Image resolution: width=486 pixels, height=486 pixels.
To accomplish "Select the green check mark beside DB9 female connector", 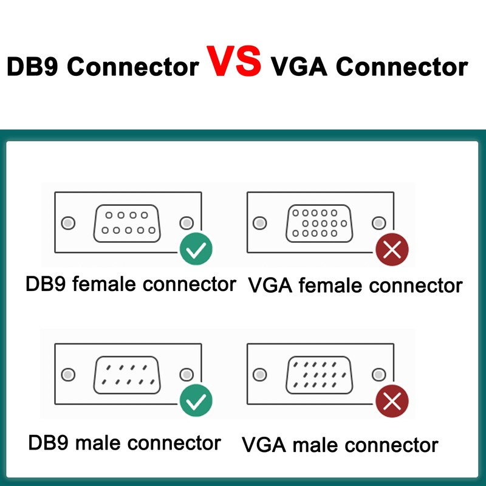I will [x=196, y=249].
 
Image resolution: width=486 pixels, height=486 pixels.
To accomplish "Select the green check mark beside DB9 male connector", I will [x=196, y=400].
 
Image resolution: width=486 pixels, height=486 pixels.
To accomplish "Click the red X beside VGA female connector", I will [x=392, y=249].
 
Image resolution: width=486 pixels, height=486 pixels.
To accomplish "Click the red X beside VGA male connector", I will [x=392, y=401].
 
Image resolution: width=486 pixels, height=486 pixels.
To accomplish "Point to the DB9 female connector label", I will [x=130, y=284].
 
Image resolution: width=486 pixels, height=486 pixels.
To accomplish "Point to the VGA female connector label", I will [x=355, y=285].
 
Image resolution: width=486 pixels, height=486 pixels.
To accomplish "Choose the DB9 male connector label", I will [x=124, y=442].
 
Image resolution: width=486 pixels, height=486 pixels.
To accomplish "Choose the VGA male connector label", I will [x=340, y=444].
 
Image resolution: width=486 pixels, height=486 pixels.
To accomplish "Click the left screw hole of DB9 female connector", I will [x=69, y=223].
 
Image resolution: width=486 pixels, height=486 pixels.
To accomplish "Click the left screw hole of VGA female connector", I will [x=260, y=223].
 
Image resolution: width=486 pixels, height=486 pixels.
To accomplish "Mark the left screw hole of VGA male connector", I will [x=260, y=374].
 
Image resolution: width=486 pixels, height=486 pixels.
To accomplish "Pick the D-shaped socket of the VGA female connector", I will [x=319, y=223].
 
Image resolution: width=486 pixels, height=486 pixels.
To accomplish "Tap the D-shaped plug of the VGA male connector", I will [x=319, y=374].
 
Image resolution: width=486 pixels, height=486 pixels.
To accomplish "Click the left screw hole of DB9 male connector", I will [x=69, y=374].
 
